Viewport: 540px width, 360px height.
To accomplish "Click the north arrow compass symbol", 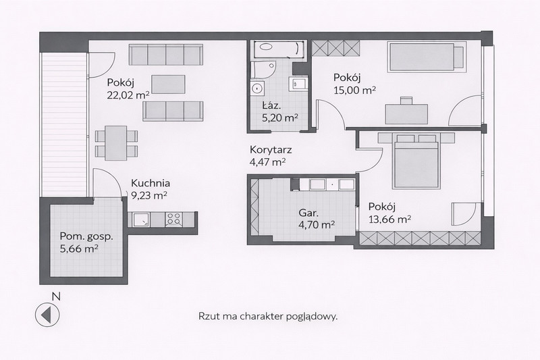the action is [47, 315].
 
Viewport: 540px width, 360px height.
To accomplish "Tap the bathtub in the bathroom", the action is [279, 49].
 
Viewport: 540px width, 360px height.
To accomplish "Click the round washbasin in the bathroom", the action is [257, 88].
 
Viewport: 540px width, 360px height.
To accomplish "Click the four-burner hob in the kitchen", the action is [174, 219].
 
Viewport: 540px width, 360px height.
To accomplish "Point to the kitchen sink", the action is [141, 219].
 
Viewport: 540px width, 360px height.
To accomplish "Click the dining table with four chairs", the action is [116, 143].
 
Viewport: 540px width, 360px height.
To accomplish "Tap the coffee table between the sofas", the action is [168, 84].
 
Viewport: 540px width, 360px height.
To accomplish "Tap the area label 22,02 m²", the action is [128, 95].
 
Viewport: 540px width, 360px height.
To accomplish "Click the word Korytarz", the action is [271, 150].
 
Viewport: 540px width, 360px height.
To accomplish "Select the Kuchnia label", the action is [151, 183].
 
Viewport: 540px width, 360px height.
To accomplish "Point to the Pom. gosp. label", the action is [86, 236].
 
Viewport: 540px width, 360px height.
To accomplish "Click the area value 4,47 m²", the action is [268, 162].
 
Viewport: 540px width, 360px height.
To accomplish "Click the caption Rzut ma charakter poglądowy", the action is [268, 317].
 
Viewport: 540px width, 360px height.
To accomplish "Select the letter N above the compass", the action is [56, 296].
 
